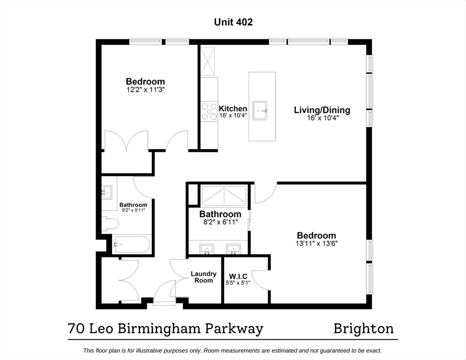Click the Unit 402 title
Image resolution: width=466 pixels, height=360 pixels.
coord(233,22)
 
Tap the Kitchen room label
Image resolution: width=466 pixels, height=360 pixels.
coord(233,109)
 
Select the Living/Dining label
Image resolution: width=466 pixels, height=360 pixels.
coord(322,110)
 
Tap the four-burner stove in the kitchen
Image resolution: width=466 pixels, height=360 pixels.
coord(209,112)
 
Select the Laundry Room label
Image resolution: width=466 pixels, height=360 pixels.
coord(203,277)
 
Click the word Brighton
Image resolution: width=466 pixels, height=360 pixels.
coord(363,329)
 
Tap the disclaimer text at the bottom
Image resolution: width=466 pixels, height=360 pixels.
coord(233,351)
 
